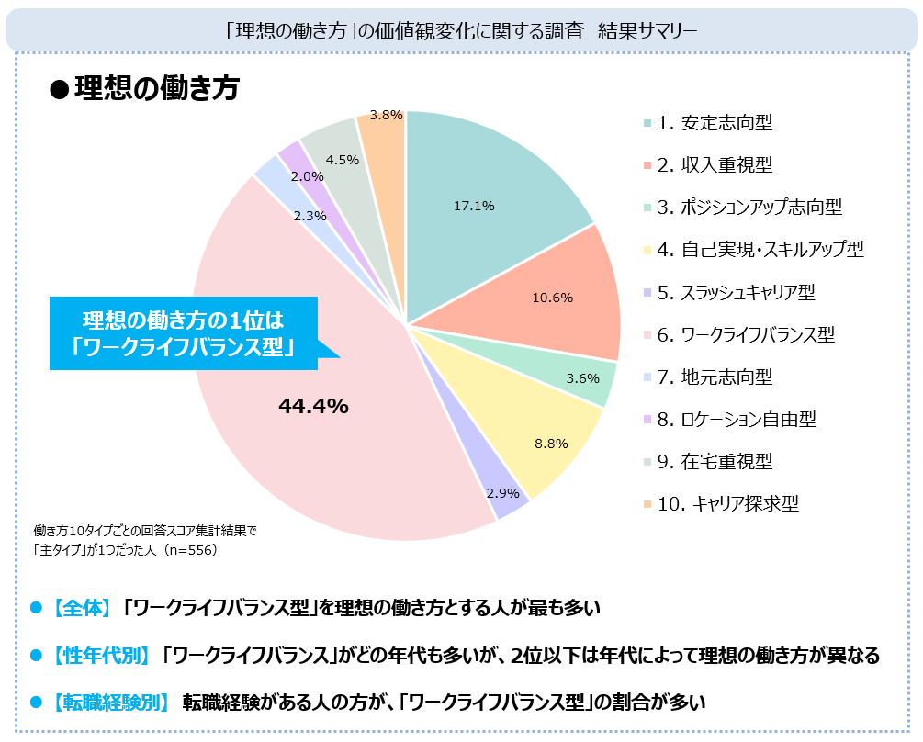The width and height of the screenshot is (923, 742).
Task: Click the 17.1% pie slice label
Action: (x=474, y=207)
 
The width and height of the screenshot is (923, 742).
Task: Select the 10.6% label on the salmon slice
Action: (x=553, y=298)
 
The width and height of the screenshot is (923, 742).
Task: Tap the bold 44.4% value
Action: (x=313, y=406)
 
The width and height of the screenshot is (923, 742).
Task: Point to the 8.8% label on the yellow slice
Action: (x=552, y=444)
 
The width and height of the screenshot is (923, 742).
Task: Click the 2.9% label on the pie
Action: (x=503, y=493)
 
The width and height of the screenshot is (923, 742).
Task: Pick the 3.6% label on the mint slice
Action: (x=582, y=377)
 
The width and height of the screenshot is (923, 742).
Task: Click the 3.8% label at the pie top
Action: (x=386, y=115)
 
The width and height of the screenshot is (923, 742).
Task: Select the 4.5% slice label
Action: (x=343, y=159)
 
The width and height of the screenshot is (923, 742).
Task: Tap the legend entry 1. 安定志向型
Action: (x=720, y=123)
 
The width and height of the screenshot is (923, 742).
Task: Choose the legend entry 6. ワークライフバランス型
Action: (x=745, y=334)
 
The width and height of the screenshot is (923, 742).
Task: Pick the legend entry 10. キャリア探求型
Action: (x=727, y=503)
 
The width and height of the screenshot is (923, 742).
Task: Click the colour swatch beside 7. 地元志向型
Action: (x=647, y=377)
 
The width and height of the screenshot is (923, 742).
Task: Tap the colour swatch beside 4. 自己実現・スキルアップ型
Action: (x=647, y=251)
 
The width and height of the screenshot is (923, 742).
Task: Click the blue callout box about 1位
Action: (x=184, y=333)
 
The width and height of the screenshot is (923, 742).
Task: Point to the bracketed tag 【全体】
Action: (x=82, y=607)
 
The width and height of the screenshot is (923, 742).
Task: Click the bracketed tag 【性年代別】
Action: (x=101, y=656)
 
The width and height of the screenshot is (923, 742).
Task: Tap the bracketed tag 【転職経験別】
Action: (x=111, y=703)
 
